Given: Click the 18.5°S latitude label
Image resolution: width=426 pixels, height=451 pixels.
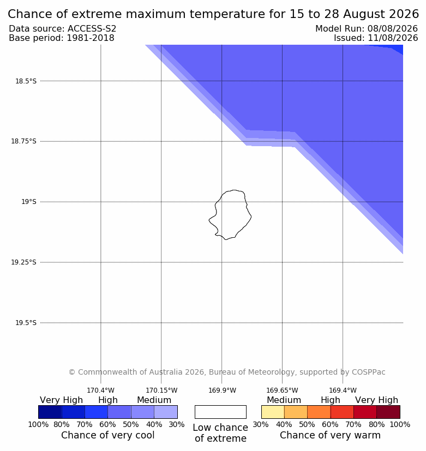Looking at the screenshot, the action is click(x=26, y=81).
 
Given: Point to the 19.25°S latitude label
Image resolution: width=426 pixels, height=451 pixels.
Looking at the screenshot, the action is click(x=23, y=262).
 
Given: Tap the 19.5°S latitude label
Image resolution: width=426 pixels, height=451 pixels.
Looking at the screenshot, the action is click(x=26, y=323).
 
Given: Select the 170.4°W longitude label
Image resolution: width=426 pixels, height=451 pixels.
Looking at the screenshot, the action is click(x=101, y=390).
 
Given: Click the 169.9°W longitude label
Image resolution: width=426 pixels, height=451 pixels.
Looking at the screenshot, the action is click(x=222, y=390).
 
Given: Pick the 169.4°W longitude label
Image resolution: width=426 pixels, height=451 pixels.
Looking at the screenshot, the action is click(x=343, y=390).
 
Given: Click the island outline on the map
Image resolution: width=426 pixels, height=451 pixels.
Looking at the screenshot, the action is click(x=251, y=217).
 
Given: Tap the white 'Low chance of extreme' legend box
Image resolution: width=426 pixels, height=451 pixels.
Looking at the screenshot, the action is click(x=220, y=412).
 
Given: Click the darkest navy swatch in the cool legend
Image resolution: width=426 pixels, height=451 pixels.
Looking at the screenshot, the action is click(x=50, y=412).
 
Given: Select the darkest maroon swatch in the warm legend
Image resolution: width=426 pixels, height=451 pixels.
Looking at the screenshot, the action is click(x=388, y=412).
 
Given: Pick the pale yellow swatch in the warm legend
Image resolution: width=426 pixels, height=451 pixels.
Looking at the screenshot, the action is click(x=273, y=412).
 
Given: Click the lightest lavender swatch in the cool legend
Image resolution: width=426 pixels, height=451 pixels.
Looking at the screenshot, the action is click(x=166, y=412).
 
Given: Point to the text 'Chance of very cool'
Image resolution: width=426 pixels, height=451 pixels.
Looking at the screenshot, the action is click(x=108, y=435).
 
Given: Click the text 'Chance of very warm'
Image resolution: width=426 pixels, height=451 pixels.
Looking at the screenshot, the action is click(x=330, y=435).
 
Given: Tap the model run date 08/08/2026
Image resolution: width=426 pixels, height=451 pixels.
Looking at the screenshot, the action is click(x=393, y=29).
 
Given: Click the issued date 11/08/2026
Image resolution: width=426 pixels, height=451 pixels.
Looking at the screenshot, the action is click(x=393, y=38).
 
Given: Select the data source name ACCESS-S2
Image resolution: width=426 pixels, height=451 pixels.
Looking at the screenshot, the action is click(x=92, y=29).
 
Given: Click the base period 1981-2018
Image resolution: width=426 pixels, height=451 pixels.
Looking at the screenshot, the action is click(x=91, y=38).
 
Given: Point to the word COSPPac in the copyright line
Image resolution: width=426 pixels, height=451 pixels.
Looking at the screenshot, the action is click(x=369, y=372).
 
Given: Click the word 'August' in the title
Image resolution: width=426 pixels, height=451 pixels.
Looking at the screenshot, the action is click(x=362, y=14).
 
